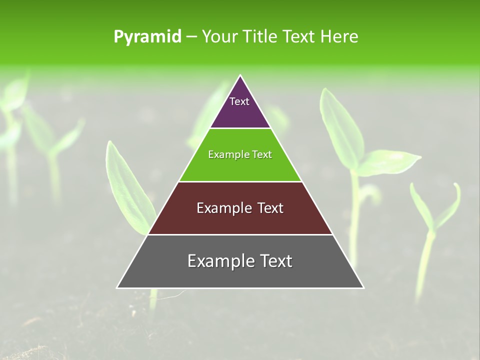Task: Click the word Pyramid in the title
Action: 147,37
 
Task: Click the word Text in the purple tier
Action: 239,101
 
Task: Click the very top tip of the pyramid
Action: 240,76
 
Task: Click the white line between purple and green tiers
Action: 240,128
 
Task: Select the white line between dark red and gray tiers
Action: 240,234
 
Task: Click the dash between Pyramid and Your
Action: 191,37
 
